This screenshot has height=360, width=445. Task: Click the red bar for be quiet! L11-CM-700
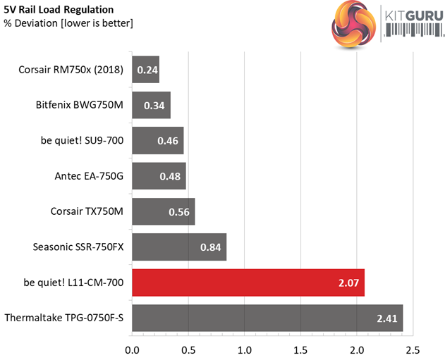pos(248,283)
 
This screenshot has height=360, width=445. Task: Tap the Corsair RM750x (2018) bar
pos(145,70)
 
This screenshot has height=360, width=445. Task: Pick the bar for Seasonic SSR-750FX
pos(179,247)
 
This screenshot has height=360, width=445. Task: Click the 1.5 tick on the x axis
pos(300,349)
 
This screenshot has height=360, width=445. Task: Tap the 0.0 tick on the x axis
pos(132,349)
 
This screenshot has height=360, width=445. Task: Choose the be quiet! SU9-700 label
pos(83,141)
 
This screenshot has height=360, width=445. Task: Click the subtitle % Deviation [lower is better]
pos(68,23)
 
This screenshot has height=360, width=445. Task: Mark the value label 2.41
pos(387,318)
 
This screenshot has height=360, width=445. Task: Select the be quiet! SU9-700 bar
pos(157,141)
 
